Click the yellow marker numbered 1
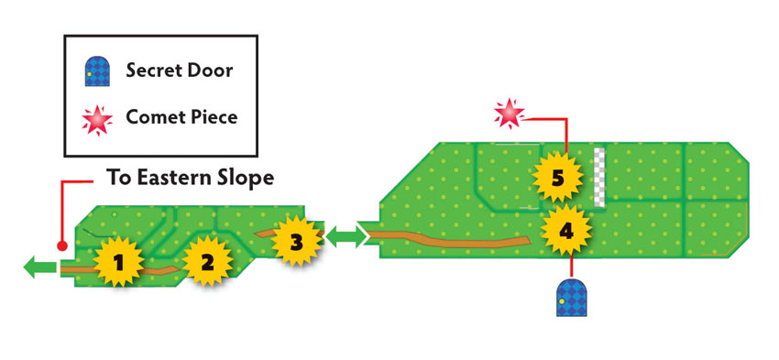[x=118, y=262]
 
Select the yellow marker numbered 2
[x=207, y=261]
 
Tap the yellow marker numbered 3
[x=296, y=241]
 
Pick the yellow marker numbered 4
[x=566, y=230]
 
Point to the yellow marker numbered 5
[x=557, y=178]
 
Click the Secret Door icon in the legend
[x=97, y=71]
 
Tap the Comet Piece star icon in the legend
[x=97, y=119]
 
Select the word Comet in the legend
[x=152, y=117]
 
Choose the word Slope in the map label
[x=246, y=179]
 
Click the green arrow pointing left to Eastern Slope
[x=39, y=267]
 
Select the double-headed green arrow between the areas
[x=346, y=237]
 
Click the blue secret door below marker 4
[x=571, y=298]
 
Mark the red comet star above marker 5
[x=510, y=114]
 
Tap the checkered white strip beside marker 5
[x=599, y=177]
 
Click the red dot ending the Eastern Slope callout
[x=62, y=245]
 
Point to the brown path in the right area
[x=447, y=239]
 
